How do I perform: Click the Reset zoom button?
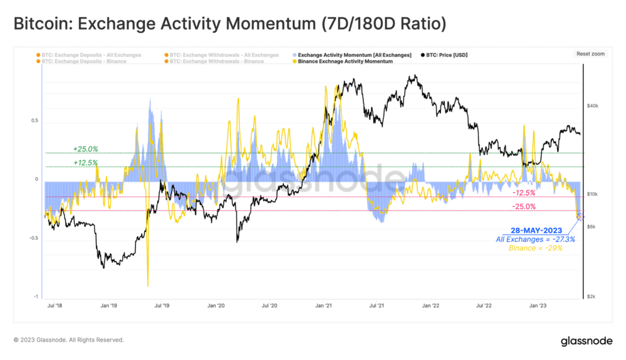pos(590,54)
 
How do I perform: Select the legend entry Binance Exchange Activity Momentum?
pos(345,62)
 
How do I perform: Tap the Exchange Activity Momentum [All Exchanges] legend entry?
pos(354,55)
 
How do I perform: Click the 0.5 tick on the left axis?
pos(35,120)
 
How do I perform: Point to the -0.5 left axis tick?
pos(34,238)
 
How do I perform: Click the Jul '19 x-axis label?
pos(162,304)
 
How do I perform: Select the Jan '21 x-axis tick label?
pos(323,304)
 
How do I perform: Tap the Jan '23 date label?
pos(538,304)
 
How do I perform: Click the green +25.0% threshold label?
pos(85,149)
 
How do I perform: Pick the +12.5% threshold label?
pos(85,163)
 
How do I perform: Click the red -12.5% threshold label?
pos(523,193)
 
